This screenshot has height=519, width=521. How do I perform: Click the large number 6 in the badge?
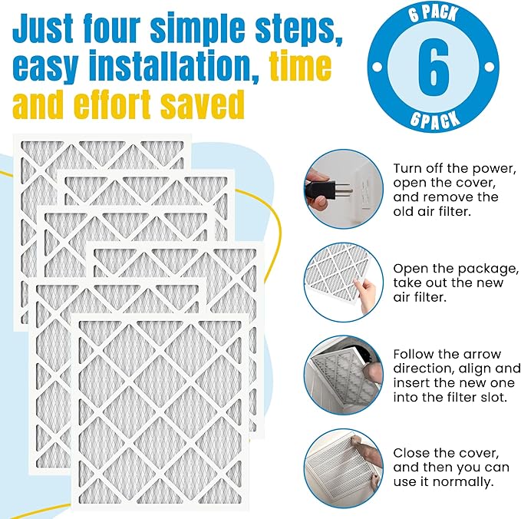(434, 68)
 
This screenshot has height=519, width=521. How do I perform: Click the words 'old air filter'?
(434, 212)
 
